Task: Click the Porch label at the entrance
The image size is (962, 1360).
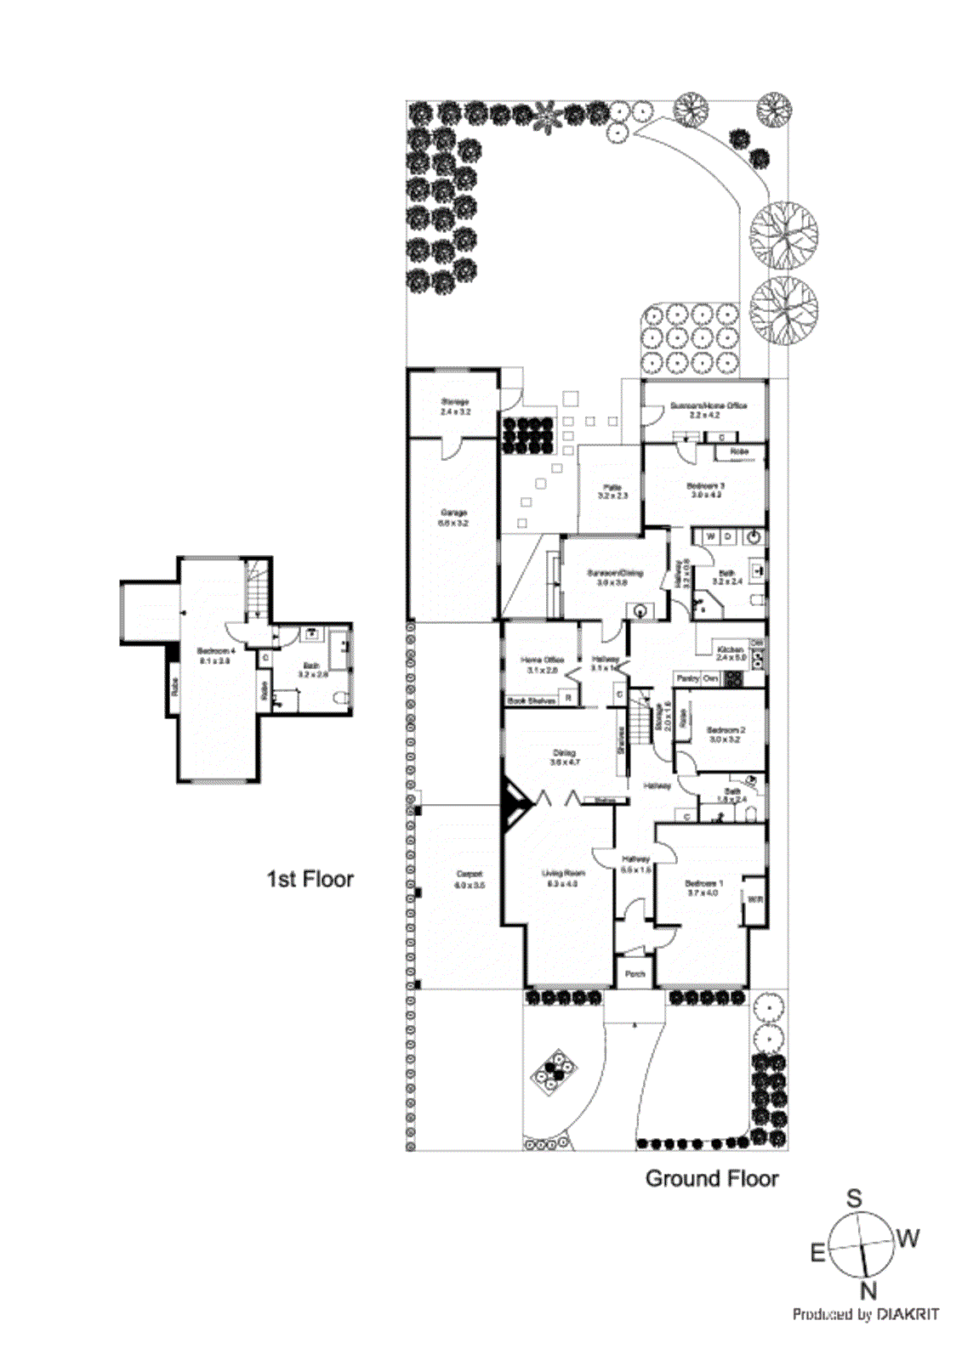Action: [635, 974]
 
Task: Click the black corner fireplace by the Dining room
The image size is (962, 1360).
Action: [514, 804]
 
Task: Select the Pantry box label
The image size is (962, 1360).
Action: [687, 678]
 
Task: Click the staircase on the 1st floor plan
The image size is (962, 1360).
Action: [258, 587]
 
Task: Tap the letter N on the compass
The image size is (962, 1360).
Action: [868, 1291]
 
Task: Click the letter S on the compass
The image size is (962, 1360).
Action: [853, 1198]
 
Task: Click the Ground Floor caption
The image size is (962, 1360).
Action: [712, 1179]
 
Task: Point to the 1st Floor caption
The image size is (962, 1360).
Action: [310, 879]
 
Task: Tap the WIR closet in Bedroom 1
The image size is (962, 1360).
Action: [754, 899]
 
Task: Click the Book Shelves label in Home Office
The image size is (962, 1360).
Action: [531, 700]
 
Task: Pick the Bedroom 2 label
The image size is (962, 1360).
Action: [725, 734]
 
